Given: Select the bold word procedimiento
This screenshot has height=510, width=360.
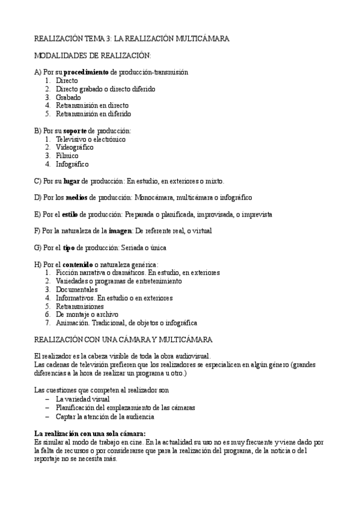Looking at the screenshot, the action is click(86, 72).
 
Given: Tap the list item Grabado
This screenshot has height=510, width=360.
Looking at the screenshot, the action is click(69, 97).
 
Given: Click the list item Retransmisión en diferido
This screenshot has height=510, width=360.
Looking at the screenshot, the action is click(93, 114).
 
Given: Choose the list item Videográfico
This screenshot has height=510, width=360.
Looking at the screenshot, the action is click(75, 147).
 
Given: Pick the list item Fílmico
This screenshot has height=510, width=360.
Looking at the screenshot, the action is click(67, 156).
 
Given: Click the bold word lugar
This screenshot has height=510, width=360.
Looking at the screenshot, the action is click(71, 180).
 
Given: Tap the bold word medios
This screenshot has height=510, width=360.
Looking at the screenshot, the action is click(76, 197).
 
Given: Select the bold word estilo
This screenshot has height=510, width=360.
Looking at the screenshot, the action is click(69, 214).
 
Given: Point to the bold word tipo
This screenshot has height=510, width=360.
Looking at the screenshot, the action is click(69, 247).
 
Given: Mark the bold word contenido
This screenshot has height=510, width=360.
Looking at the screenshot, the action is click(77, 264).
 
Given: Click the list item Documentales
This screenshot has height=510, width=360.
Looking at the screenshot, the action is click(76, 289).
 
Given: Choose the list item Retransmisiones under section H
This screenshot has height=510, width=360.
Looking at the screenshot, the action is click(80, 306).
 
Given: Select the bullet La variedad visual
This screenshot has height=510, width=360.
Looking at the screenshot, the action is click(83, 399).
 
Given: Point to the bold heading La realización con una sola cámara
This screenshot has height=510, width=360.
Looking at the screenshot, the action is click(90, 432).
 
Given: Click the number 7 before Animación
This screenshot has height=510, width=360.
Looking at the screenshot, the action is click(47, 322).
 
